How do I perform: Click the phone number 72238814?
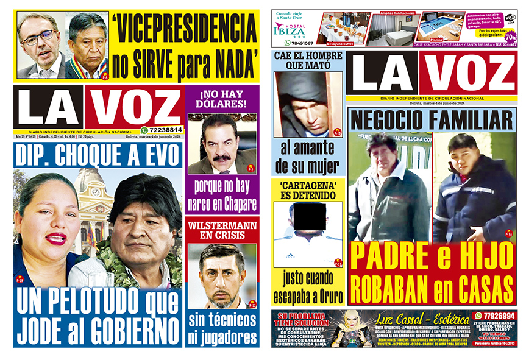click(165, 130)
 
